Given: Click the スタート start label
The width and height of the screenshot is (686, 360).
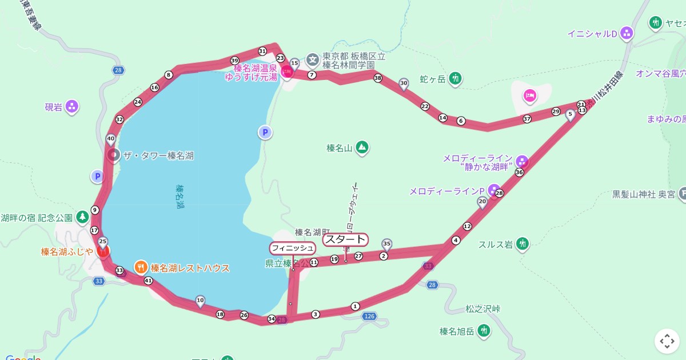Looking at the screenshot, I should click(345, 239).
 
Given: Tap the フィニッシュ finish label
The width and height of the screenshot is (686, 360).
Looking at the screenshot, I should click(292, 247).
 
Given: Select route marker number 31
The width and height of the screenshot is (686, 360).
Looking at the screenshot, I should click(262, 50).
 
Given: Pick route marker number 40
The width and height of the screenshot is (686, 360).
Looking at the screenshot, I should click(110, 138).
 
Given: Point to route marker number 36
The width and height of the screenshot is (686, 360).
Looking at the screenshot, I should click(519, 172).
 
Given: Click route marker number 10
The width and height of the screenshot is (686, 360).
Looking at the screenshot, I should click(200, 299).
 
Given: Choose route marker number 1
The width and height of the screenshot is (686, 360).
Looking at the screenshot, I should click(355, 306).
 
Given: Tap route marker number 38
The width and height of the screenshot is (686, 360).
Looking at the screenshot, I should click(377, 78).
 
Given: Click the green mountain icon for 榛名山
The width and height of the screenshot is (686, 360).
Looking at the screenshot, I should click(362, 147).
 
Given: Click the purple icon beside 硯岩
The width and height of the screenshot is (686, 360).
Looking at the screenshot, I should click(72, 106).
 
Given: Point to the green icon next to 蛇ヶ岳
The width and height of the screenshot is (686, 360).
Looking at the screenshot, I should click(455, 78).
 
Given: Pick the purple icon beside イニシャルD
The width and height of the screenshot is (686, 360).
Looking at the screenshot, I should click(627, 33).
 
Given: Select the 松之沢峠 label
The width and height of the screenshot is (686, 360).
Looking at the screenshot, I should click(483, 309).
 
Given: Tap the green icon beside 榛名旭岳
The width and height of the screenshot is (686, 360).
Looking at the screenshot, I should click(484, 331).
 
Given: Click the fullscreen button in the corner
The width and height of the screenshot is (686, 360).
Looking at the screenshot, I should click(667, 341).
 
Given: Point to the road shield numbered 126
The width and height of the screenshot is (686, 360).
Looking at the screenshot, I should click(369, 316).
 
